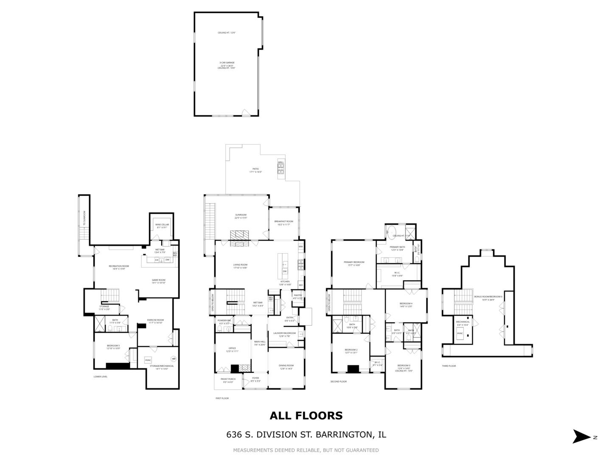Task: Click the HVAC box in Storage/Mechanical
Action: pos(148,360)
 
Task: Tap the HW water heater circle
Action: pos(174,359)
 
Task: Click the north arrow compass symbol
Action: pos(582,436)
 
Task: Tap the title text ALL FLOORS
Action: pos(306,416)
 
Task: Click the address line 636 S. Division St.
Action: pos(306,435)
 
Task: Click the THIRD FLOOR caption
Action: pos(448,366)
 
